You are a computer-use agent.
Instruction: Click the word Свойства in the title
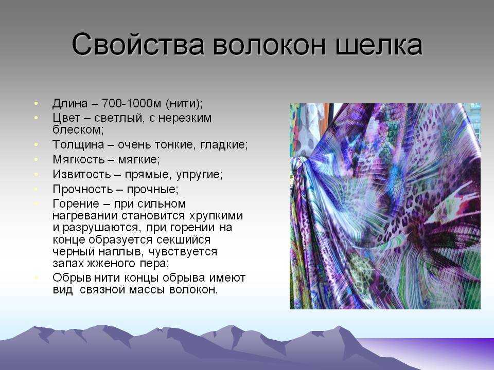pyautogui.click(x=138, y=45)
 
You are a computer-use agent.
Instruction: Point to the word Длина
pyautogui.click(x=70, y=103)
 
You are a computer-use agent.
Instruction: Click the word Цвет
pyautogui.click(x=66, y=118)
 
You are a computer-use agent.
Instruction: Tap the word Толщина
pyautogui.click(x=78, y=145)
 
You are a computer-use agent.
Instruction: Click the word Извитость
pyautogui.click(x=82, y=174)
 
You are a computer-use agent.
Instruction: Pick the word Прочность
pyautogui.click(x=82, y=190)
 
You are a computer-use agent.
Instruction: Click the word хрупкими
pyautogui.click(x=216, y=216)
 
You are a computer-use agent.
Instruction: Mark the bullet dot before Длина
pyautogui.click(x=37, y=103)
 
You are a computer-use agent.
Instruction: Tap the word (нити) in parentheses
pyautogui.click(x=184, y=103)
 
